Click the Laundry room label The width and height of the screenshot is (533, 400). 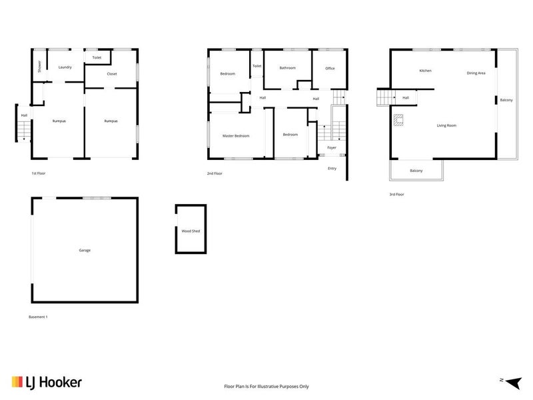coord(65,67)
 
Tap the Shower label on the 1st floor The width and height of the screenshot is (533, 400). coord(40,66)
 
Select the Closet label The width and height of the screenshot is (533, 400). coord(111,74)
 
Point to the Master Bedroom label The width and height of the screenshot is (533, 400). coord(236,136)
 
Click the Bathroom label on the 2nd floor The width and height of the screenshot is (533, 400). coord(287,68)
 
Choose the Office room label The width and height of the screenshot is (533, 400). coord(329,69)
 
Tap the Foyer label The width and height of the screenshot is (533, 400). coord(331,147)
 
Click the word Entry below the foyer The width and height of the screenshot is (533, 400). coord(332,168)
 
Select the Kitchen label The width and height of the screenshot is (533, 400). coord(425,71)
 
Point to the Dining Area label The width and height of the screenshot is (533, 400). coord(476,73)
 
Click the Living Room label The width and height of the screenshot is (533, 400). coord(446,125)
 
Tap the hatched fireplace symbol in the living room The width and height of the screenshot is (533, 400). coord(398,121)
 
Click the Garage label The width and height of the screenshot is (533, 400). coord(85,250)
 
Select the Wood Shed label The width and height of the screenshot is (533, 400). coord(191,231)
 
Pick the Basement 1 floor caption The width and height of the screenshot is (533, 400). coord(38,316)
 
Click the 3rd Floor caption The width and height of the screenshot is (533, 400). coord(396,194)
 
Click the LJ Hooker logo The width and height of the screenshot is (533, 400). coord(47,382)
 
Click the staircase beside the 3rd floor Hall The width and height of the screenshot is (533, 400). coord(384,98)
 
